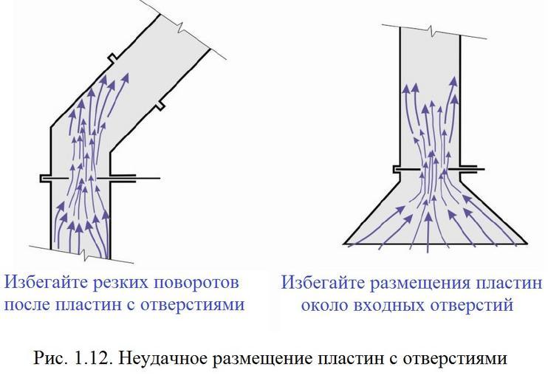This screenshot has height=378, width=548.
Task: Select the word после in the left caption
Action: click(x=30, y=305)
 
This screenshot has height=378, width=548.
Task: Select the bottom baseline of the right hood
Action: click(x=436, y=243)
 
